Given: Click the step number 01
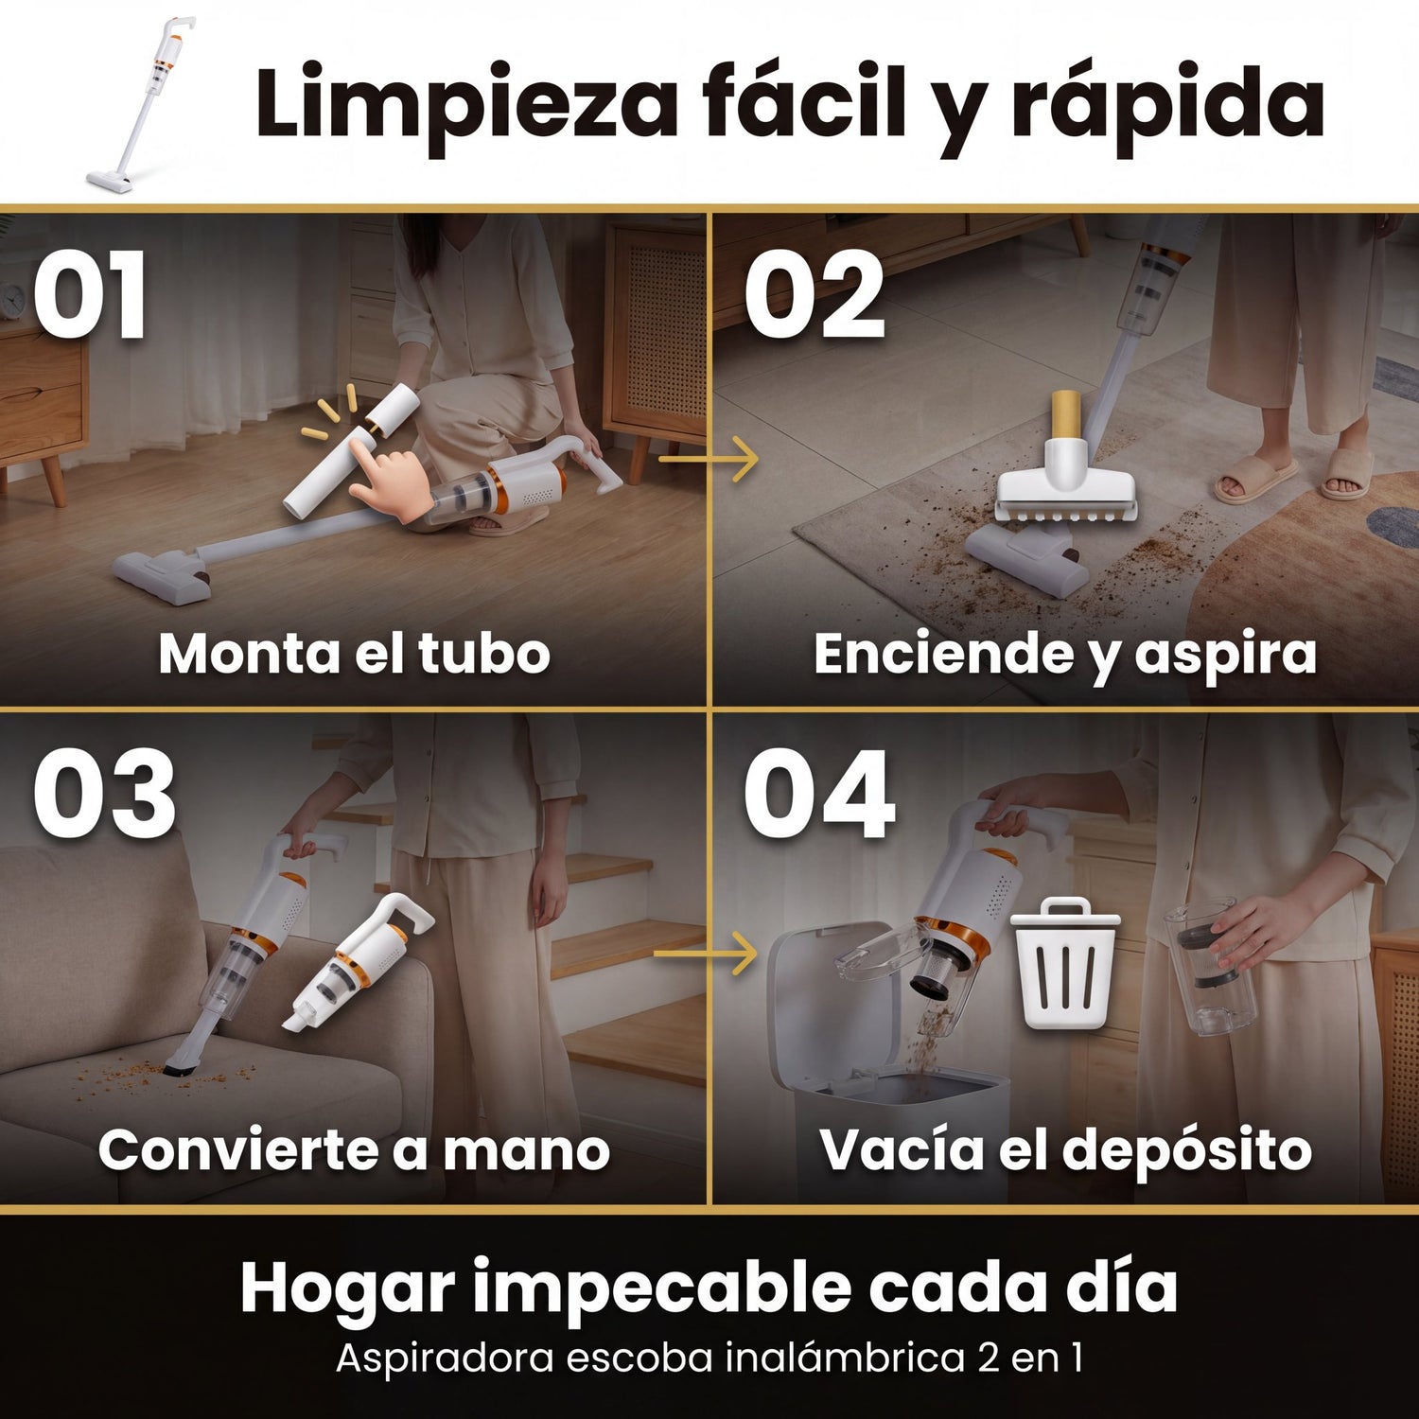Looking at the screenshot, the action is pos(91,295).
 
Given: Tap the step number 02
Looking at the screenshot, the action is pos(815,295).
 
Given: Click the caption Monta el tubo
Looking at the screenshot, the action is pos(354,653).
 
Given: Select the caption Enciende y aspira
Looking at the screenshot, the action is pos(1065,655).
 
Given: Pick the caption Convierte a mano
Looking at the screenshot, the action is pos(354,1150).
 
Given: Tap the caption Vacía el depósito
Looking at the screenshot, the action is pos(1066,1151).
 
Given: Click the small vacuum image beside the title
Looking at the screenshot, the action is pos(142,104).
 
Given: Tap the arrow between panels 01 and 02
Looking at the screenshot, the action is pos(708,460).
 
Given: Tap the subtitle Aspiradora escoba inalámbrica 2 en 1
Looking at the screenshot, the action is pos(709,1358).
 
